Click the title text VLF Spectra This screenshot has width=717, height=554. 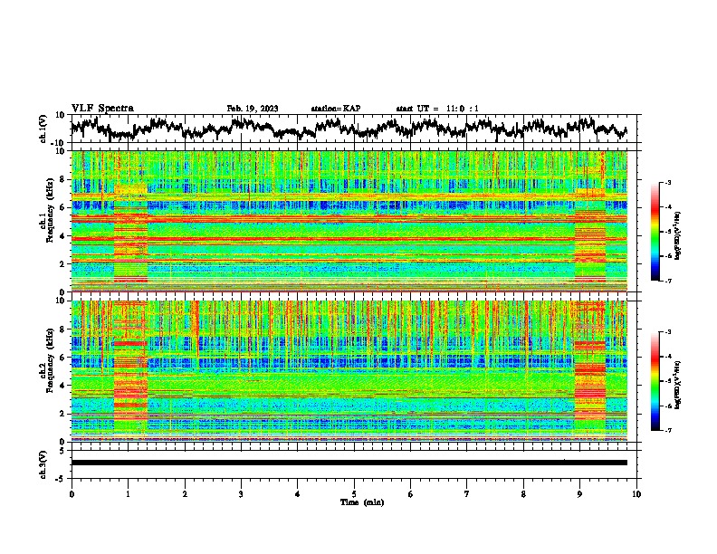(102, 108)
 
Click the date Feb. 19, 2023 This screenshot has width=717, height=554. (253, 109)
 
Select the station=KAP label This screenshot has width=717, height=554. (335, 109)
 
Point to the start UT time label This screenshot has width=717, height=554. (437, 109)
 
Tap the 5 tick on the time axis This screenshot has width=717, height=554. (354, 493)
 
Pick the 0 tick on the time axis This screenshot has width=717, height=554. (72, 493)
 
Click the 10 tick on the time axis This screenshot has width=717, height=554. (636, 493)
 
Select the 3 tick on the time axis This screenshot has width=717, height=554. (241, 493)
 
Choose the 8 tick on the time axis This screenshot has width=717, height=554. (523, 493)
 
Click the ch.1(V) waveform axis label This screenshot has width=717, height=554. (43, 129)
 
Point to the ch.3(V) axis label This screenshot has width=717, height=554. (43, 462)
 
